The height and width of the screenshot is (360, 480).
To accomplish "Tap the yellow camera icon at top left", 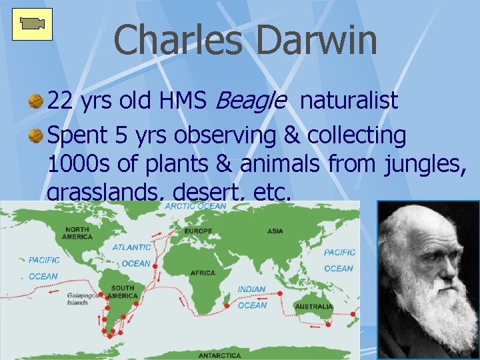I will coord(32,25).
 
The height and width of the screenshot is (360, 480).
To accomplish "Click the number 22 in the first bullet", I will coord(61,101).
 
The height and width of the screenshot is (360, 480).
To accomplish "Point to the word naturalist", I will coord(349,101).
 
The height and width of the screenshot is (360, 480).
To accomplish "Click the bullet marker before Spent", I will coord(35,135).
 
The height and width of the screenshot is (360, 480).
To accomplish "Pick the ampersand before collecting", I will coord(291,135).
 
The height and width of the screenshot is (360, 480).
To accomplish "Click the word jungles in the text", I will coord(425,165).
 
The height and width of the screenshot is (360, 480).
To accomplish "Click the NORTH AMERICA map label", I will coord(77,232).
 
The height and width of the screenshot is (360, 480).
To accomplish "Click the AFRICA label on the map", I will coord(203,273).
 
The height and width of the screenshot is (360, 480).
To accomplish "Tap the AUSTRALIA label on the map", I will coord(315,307).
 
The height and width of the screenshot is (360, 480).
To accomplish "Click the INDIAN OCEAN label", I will coord(252,297).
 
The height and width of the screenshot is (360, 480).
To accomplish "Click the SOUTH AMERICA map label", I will coord(123,292).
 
